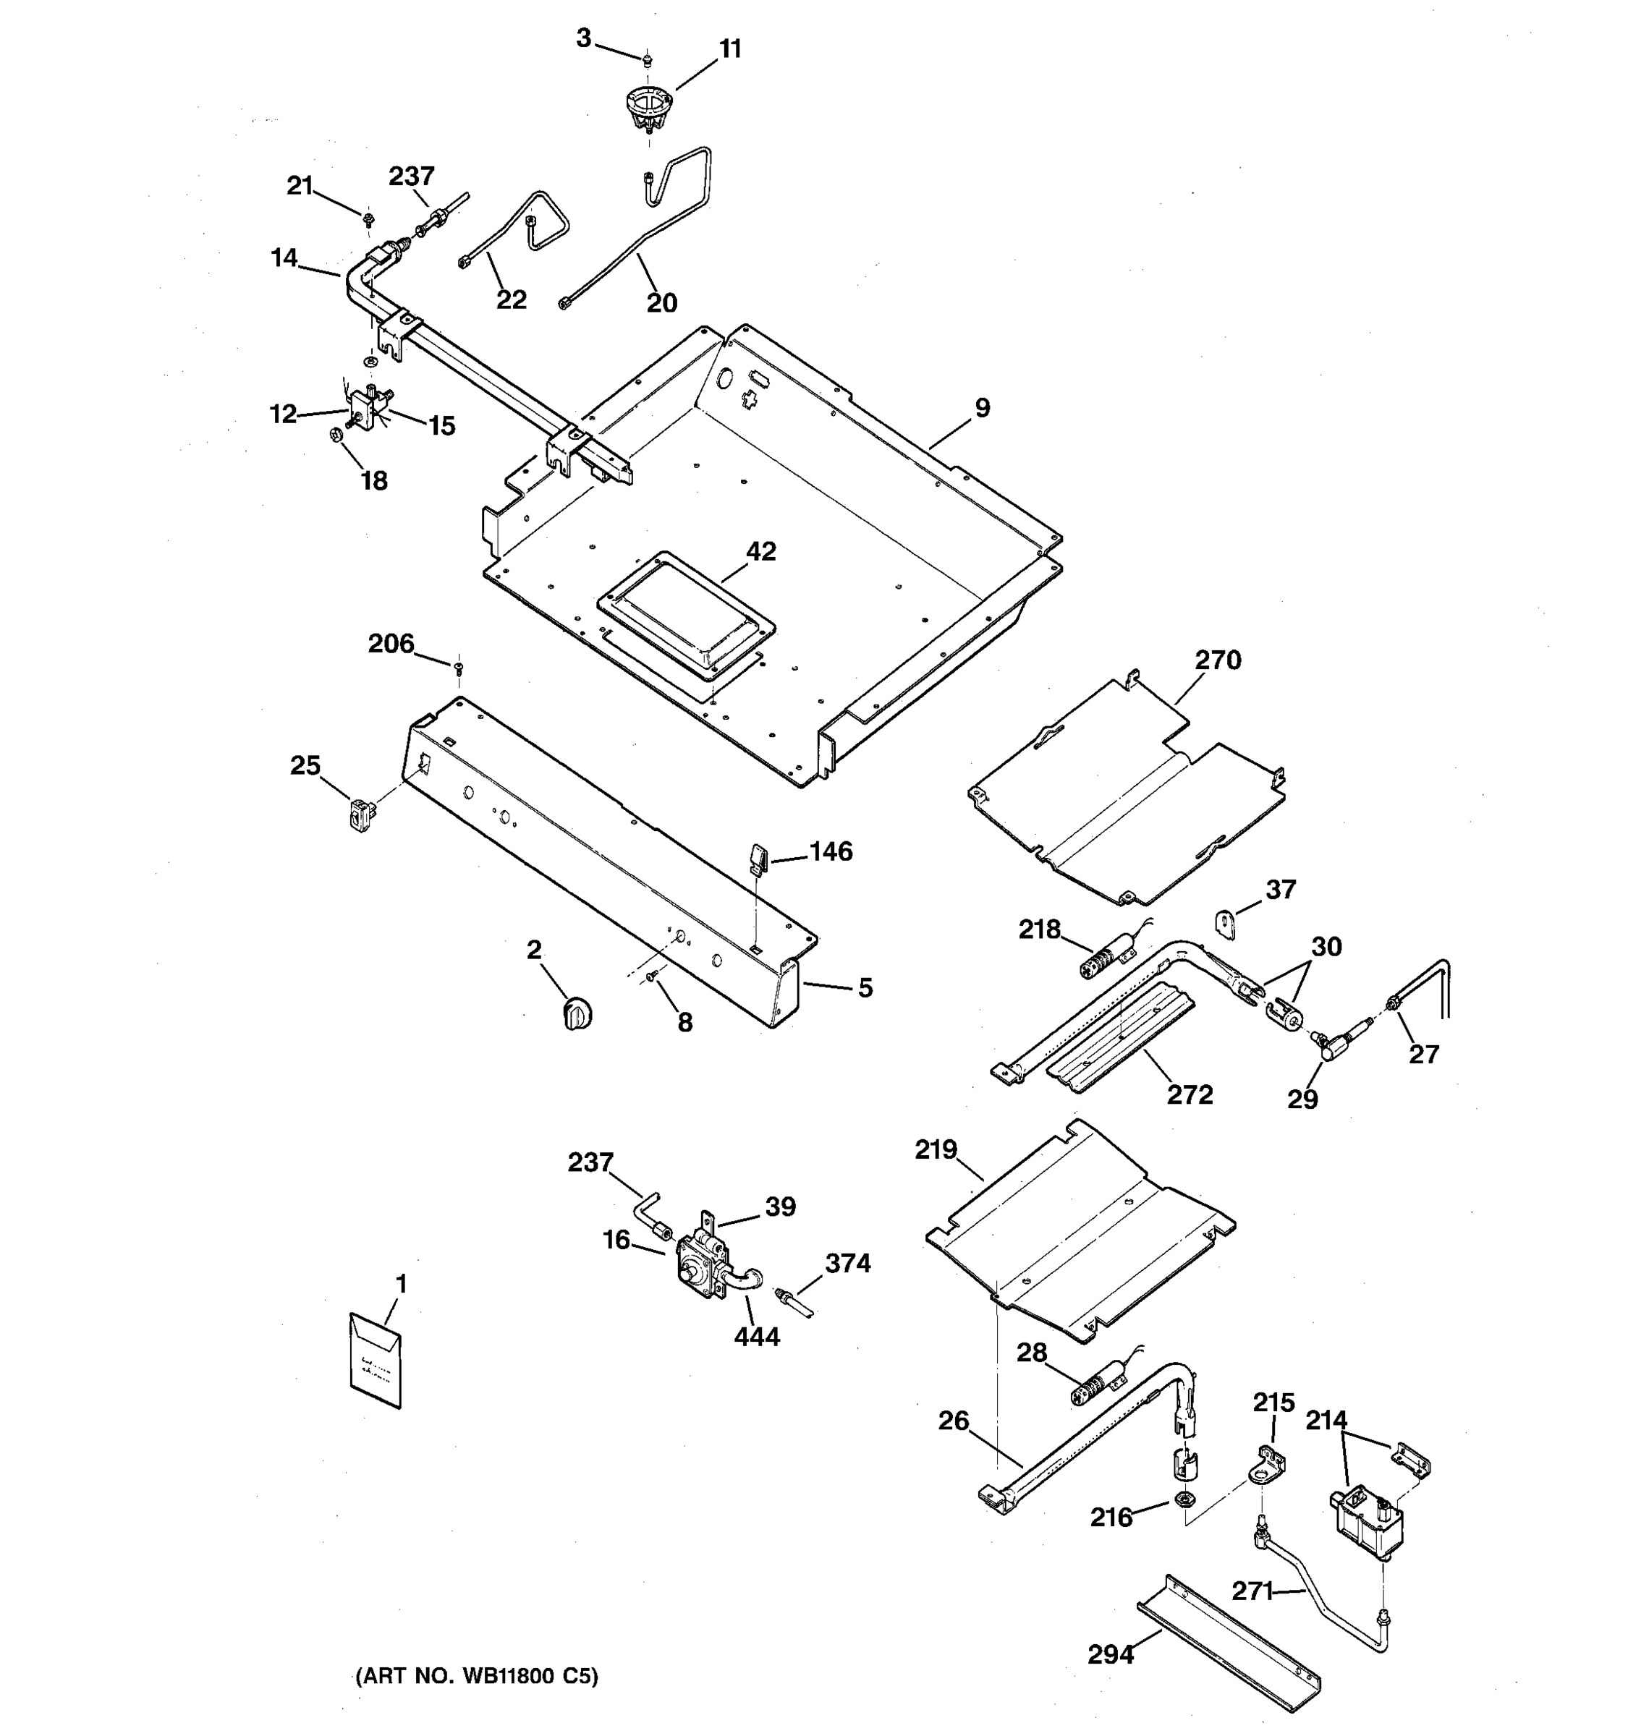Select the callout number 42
760,551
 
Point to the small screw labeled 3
647,61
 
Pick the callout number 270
1218,660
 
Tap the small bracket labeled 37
1227,923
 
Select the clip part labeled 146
756,856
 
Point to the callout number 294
1110,1654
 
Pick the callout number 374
848,1263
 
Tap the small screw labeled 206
458,668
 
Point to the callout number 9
983,408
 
